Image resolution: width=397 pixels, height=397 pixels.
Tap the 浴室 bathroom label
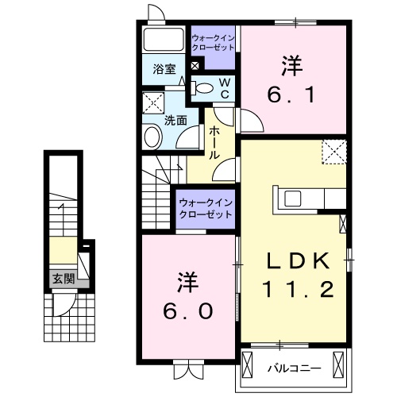[x=164, y=69]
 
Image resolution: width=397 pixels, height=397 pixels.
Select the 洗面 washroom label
[x=175, y=121]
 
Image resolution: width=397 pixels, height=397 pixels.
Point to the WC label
[x=224, y=88]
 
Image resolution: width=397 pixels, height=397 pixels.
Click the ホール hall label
[x=215, y=144]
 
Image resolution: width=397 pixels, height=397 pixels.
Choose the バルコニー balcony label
[x=293, y=368]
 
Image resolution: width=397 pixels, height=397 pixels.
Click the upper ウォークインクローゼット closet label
[x=214, y=42]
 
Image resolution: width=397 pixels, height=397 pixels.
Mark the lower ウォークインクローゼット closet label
[x=206, y=208]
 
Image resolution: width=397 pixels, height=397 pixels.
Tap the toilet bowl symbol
[x=203, y=88]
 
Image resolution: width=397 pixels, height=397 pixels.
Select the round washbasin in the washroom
[x=152, y=137]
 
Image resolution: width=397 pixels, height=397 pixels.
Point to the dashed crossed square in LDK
[x=334, y=151]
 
